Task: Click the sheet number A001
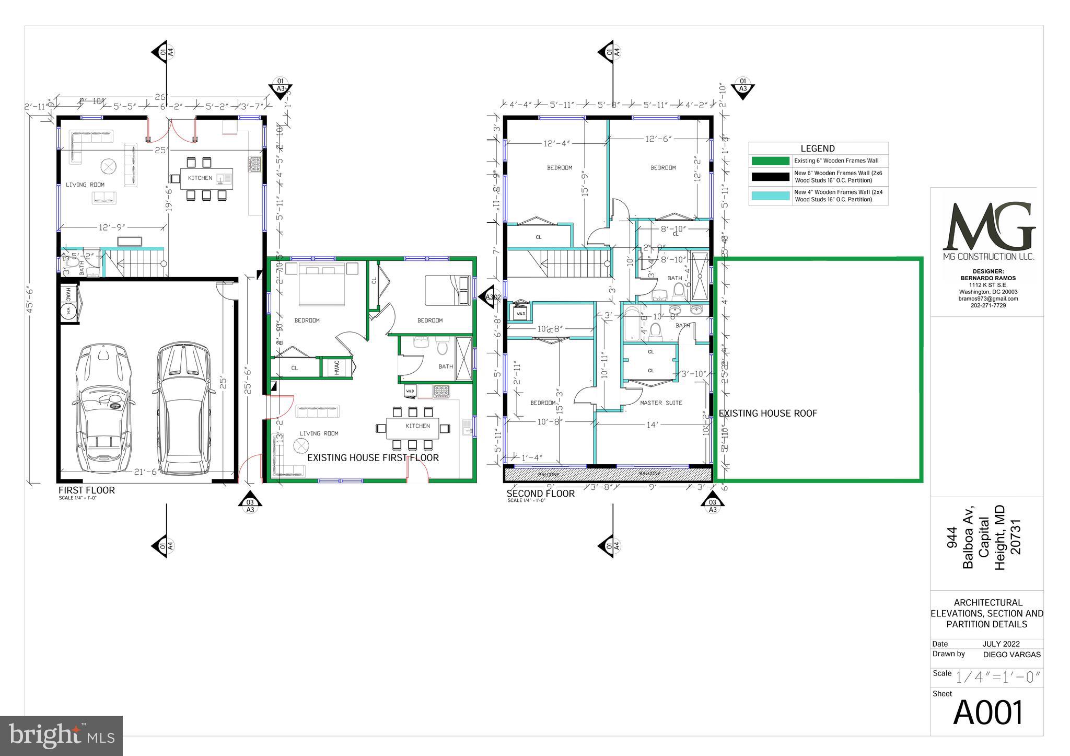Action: tap(987, 713)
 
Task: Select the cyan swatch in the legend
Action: tap(770, 196)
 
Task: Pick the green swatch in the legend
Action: tap(770, 161)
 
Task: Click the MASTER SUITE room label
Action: tap(661, 403)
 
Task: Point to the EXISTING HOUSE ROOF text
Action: tap(767, 414)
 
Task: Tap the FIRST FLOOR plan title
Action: tap(86, 490)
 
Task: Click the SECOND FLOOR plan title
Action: tap(540, 494)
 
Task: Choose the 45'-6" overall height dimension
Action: tap(30, 301)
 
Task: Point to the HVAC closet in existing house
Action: tap(336, 367)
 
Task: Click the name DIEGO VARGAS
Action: tap(1011, 655)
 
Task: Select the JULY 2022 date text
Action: tap(1001, 644)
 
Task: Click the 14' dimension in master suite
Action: tap(652, 425)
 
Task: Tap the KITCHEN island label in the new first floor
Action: tap(200, 178)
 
